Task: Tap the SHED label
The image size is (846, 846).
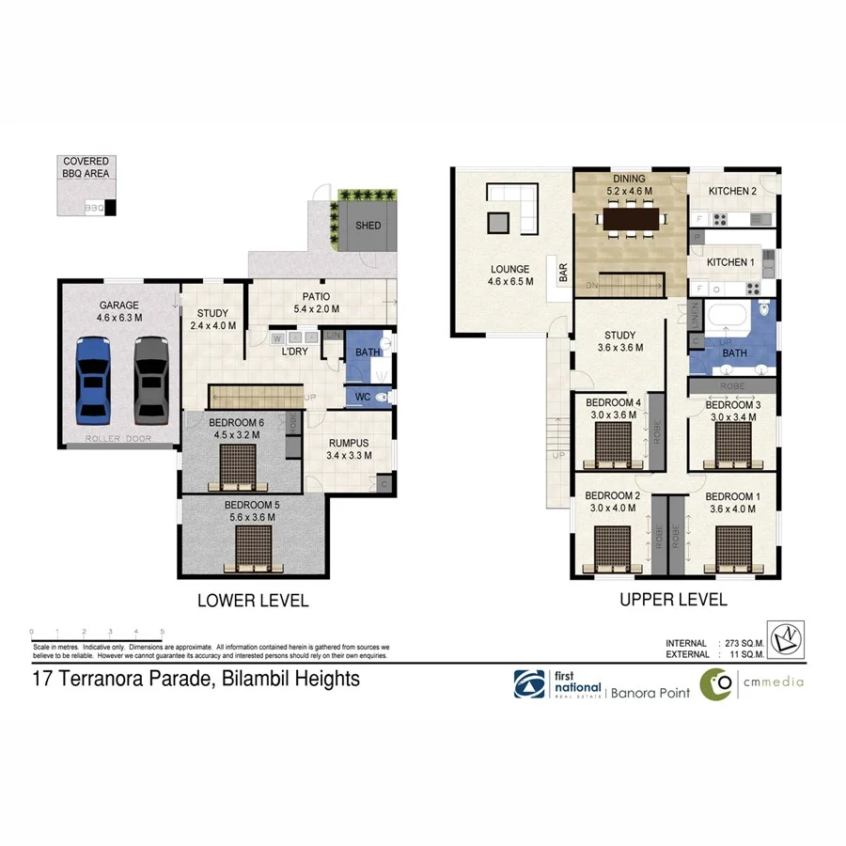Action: [x=368, y=226]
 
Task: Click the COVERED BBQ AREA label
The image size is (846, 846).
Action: [x=86, y=167]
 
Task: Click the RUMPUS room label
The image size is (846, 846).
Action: [x=347, y=443]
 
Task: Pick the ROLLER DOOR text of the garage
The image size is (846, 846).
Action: [x=118, y=439]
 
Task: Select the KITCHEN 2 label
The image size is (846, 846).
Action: [x=732, y=191]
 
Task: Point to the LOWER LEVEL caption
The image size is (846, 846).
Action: [x=252, y=601]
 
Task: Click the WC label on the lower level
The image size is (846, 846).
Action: [x=361, y=398]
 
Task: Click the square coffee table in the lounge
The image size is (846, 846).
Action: [x=499, y=223]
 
